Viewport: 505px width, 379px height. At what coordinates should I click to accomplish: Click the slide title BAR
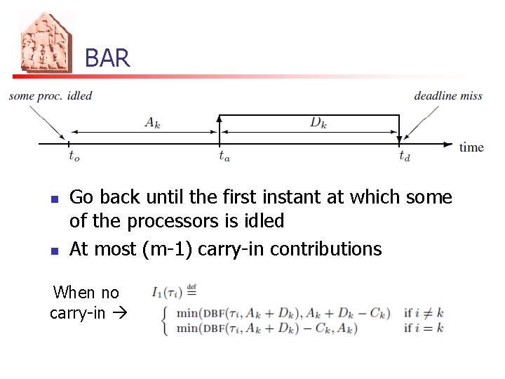[x=107, y=58]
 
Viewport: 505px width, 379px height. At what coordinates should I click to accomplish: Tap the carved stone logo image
[x=46, y=44]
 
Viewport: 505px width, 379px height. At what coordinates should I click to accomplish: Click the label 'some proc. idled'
[x=50, y=95]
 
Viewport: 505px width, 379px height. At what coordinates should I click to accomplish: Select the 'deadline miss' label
[x=448, y=95]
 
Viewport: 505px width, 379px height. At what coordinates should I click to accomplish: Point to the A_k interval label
[x=152, y=122]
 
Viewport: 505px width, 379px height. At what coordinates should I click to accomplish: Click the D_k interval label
[x=318, y=122]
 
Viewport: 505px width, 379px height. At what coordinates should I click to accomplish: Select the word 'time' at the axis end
[x=471, y=147]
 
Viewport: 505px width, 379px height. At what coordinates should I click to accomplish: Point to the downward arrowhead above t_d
[x=399, y=141]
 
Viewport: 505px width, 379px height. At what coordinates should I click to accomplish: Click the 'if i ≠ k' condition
[x=424, y=312]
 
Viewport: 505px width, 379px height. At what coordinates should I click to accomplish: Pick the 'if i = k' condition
[x=424, y=328]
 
